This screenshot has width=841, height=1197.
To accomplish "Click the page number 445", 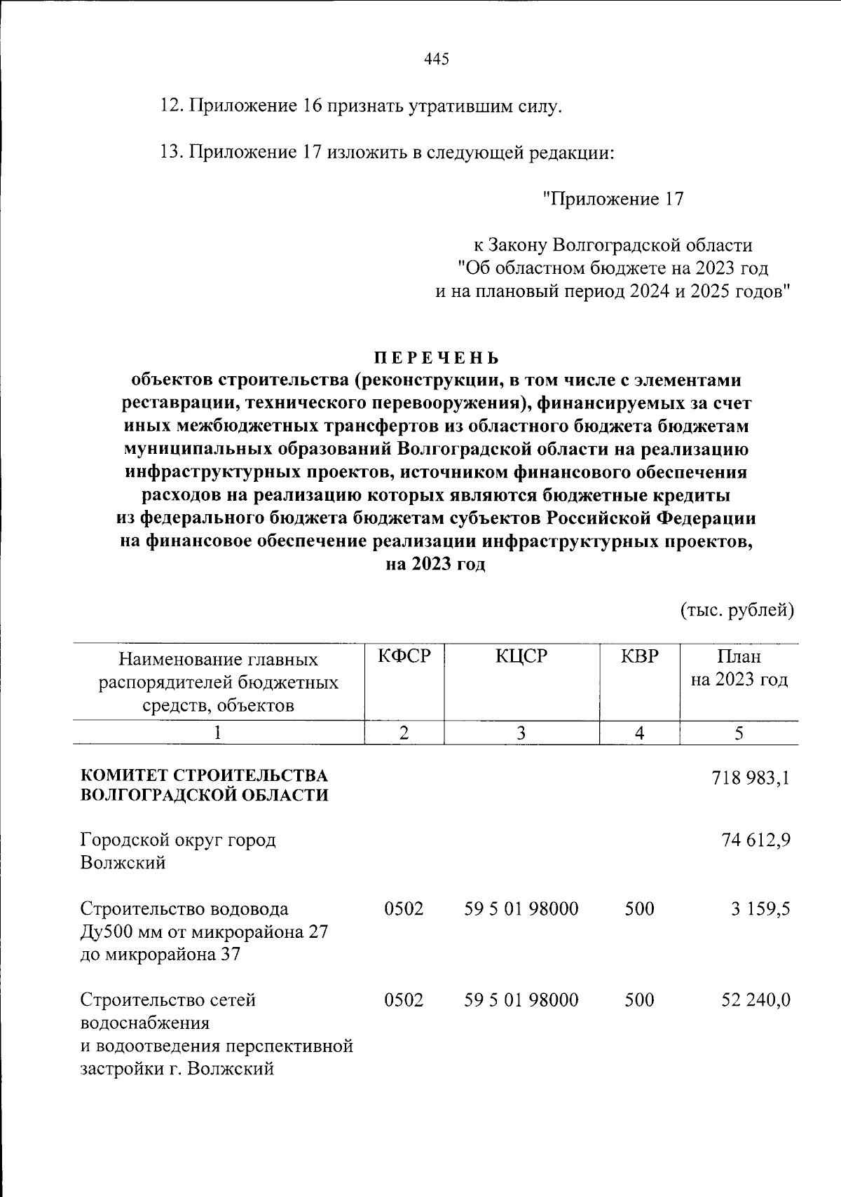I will click(x=436, y=60).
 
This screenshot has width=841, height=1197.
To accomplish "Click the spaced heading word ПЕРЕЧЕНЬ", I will click(x=436, y=358).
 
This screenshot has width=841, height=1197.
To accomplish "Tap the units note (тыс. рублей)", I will click(x=737, y=611).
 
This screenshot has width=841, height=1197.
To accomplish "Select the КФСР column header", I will click(x=404, y=657).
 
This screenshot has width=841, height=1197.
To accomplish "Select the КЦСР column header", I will click(x=521, y=657).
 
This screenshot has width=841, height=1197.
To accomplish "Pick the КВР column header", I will click(x=640, y=657).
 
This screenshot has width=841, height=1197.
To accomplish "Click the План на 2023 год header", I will click(x=739, y=669).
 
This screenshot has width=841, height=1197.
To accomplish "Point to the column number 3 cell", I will click(x=521, y=733).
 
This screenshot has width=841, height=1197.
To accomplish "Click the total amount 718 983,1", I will click(x=751, y=778).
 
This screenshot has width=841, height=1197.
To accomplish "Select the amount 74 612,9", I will click(x=756, y=840).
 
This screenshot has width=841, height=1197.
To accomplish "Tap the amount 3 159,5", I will click(x=760, y=909).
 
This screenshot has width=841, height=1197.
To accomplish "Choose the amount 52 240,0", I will click(x=756, y=1000).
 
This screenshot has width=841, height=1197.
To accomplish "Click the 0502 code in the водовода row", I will click(x=404, y=909).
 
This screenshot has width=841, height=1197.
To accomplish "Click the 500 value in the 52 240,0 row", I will click(x=639, y=1000).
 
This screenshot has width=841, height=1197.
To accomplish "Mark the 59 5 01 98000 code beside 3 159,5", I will click(x=521, y=909).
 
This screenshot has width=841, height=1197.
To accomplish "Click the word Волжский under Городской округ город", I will click(x=123, y=863).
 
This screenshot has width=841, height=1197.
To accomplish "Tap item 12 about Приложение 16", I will click(x=361, y=107).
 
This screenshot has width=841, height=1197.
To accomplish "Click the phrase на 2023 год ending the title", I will click(x=436, y=565).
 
